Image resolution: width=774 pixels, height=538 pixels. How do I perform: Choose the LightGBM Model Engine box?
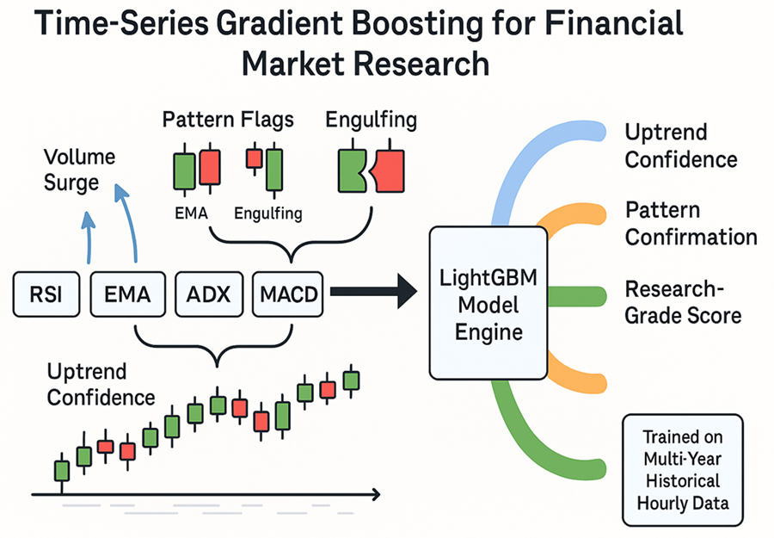point(488,303)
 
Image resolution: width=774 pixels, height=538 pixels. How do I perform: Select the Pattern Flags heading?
point(228,120)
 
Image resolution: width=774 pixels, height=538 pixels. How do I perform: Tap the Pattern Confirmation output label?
point(691,224)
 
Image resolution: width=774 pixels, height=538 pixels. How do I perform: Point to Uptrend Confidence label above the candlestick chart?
point(100,385)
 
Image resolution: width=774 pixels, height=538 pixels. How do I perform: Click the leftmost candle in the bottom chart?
point(61,470)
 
